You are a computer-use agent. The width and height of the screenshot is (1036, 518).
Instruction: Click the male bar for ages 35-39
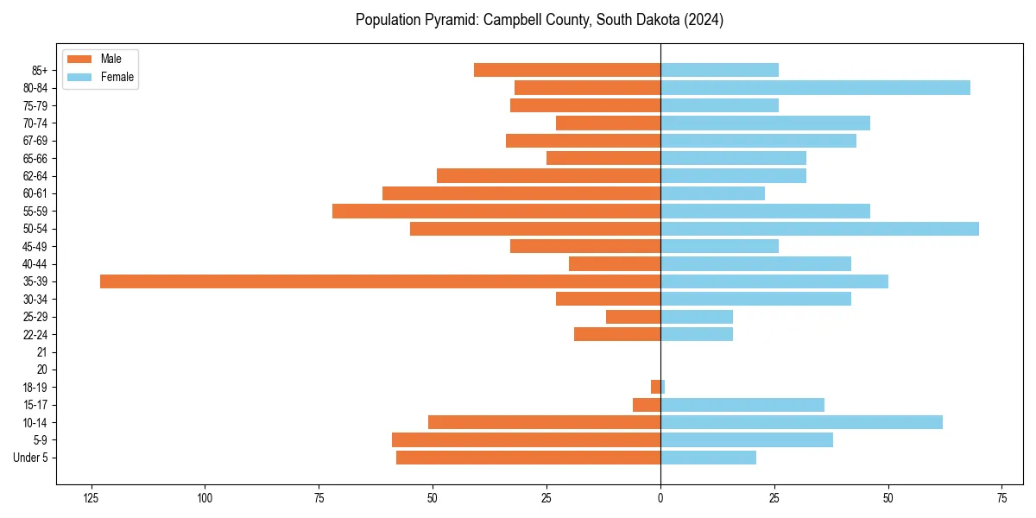click(380, 281)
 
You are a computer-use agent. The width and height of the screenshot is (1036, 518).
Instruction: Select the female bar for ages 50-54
click(819, 229)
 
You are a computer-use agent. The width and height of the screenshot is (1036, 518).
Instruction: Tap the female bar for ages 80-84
click(815, 88)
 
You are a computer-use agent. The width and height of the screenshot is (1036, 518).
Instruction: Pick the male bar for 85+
click(567, 70)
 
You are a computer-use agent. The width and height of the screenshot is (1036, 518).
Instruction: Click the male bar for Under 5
click(528, 458)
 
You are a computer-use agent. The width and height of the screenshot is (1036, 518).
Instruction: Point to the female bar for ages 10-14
click(801, 422)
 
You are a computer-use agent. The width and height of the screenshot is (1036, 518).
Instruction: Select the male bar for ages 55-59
click(496, 211)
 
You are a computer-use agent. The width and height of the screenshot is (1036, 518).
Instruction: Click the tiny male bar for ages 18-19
click(656, 387)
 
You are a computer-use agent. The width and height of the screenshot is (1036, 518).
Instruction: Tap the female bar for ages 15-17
click(742, 405)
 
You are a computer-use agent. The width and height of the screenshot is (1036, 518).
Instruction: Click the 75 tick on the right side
click(1001, 498)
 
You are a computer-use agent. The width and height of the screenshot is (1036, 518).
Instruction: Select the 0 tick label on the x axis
click(660, 498)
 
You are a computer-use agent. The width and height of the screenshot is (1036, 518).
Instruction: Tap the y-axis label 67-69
click(35, 141)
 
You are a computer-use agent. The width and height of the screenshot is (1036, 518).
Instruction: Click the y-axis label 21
click(41, 352)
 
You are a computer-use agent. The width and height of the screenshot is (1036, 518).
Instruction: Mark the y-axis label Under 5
click(30, 458)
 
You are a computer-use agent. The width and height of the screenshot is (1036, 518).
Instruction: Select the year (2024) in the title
click(703, 19)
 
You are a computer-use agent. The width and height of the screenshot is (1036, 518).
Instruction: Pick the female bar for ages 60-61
click(712, 193)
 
